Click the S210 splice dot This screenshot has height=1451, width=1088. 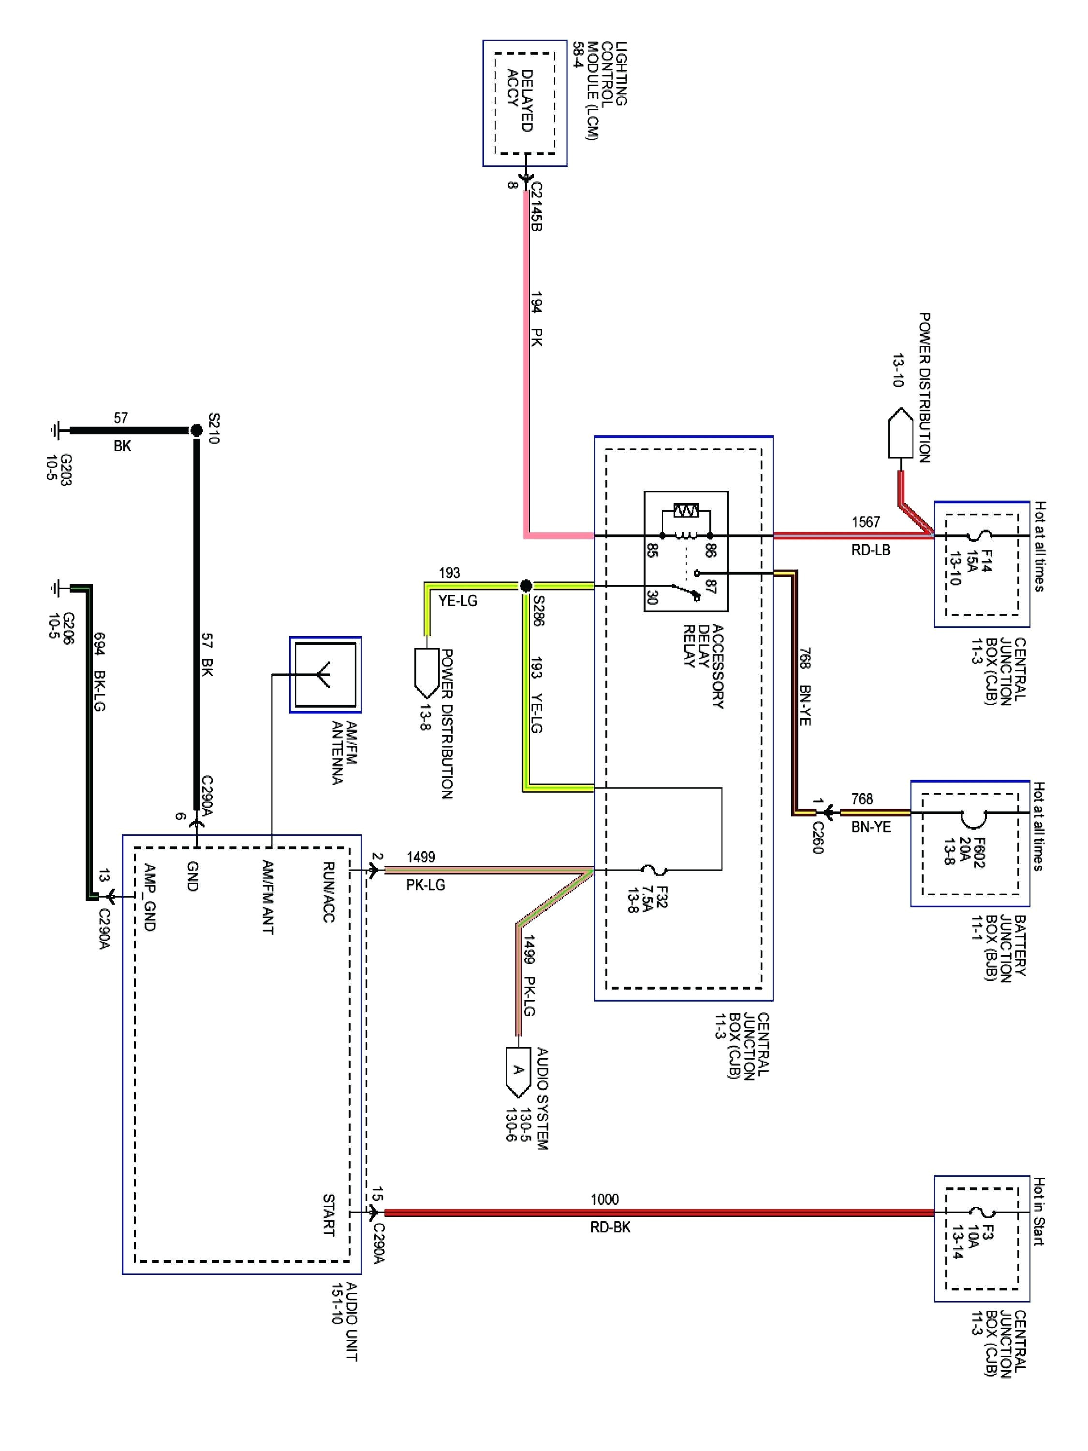coord(196,430)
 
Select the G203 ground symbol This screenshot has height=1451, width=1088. coord(55,430)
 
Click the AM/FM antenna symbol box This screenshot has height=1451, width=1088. coord(325,674)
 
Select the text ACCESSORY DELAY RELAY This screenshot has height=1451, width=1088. coord(703,666)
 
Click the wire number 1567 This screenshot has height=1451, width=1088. coord(866,522)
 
